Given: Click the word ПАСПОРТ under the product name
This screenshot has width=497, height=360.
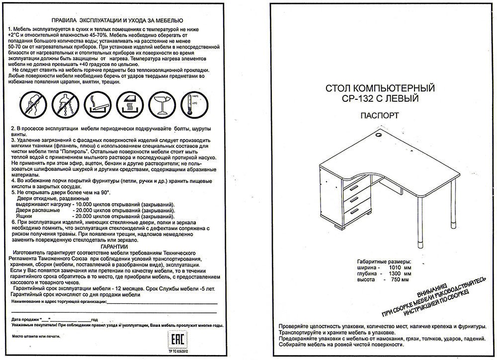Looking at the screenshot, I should [379, 116].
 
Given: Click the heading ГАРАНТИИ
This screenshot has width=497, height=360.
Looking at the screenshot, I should [114, 246].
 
